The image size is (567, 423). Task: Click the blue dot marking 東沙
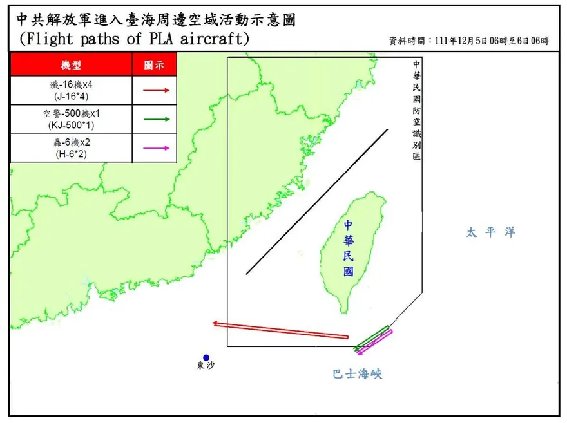(x=206, y=357)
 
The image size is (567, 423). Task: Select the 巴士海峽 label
(x=357, y=373)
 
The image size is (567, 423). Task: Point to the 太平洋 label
(x=492, y=232)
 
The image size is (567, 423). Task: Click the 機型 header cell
(x=72, y=65)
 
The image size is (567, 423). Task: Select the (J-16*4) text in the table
(x=72, y=96)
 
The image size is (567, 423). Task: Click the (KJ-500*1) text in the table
(x=72, y=124)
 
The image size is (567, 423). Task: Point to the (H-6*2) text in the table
(x=72, y=153)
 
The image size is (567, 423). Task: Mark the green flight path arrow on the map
(x=372, y=339)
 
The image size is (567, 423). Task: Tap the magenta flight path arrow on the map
(x=376, y=342)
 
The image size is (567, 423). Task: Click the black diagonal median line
(x=317, y=202)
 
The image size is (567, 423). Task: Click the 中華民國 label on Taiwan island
(x=349, y=248)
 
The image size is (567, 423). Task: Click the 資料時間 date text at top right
(x=469, y=41)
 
